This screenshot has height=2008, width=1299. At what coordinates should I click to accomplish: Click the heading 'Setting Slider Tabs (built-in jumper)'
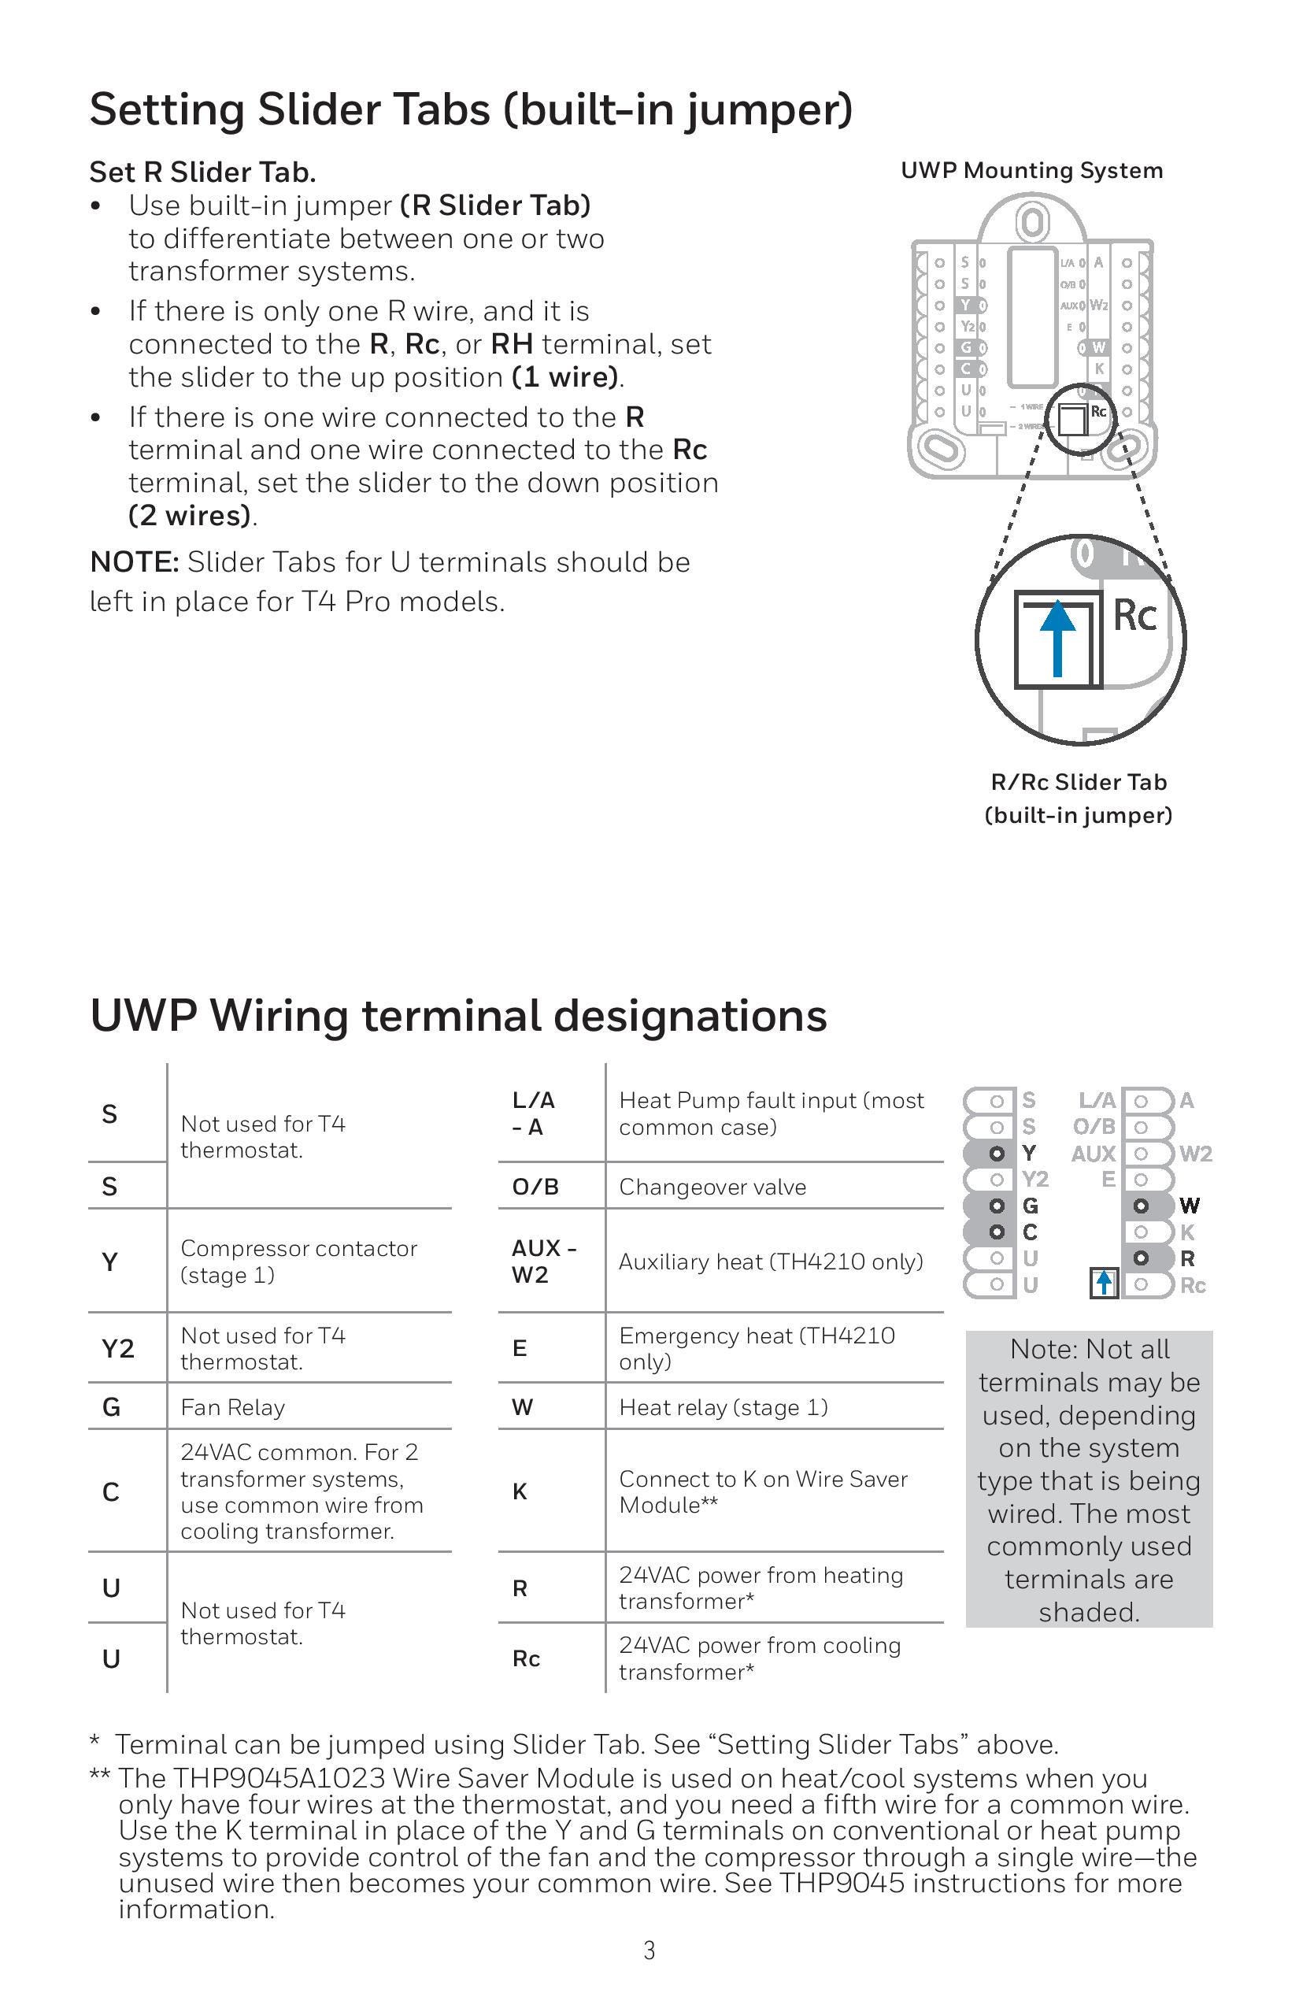pyautogui.click(x=471, y=110)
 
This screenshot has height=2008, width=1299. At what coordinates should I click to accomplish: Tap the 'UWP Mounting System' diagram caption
pyautogui.click(x=1031, y=172)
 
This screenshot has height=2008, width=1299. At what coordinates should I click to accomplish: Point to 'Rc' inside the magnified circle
pyautogui.click(x=1135, y=615)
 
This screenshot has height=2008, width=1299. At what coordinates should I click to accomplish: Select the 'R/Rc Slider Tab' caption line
pyautogui.click(x=1079, y=782)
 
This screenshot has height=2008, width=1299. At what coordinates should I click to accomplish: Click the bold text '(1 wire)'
pyautogui.click(x=565, y=377)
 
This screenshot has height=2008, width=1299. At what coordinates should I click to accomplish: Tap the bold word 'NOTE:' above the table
pyautogui.click(x=134, y=562)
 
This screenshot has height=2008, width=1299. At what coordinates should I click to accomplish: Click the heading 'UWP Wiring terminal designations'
pyautogui.click(x=458, y=1015)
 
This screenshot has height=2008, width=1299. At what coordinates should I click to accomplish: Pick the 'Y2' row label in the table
pyautogui.click(x=118, y=1348)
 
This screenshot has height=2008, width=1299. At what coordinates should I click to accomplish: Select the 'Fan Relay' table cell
pyautogui.click(x=233, y=1407)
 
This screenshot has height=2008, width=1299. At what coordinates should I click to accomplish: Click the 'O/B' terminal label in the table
pyautogui.click(x=535, y=1187)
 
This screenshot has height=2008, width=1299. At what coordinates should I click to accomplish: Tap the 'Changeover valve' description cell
pyautogui.click(x=712, y=1187)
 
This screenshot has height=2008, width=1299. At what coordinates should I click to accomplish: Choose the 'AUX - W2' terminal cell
pyautogui.click(x=543, y=1261)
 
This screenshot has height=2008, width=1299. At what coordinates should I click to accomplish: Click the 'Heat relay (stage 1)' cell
pyautogui.click(x=724, y=1407)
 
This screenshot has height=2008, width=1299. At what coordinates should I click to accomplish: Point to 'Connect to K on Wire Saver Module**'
pyautogui.click(x=764, y=1491)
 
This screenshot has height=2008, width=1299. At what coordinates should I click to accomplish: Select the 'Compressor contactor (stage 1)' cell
pyautogui.click(x=298, y=1261)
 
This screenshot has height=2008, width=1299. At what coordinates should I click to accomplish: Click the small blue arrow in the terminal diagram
pyautogui.click(x=1104, y=1284)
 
